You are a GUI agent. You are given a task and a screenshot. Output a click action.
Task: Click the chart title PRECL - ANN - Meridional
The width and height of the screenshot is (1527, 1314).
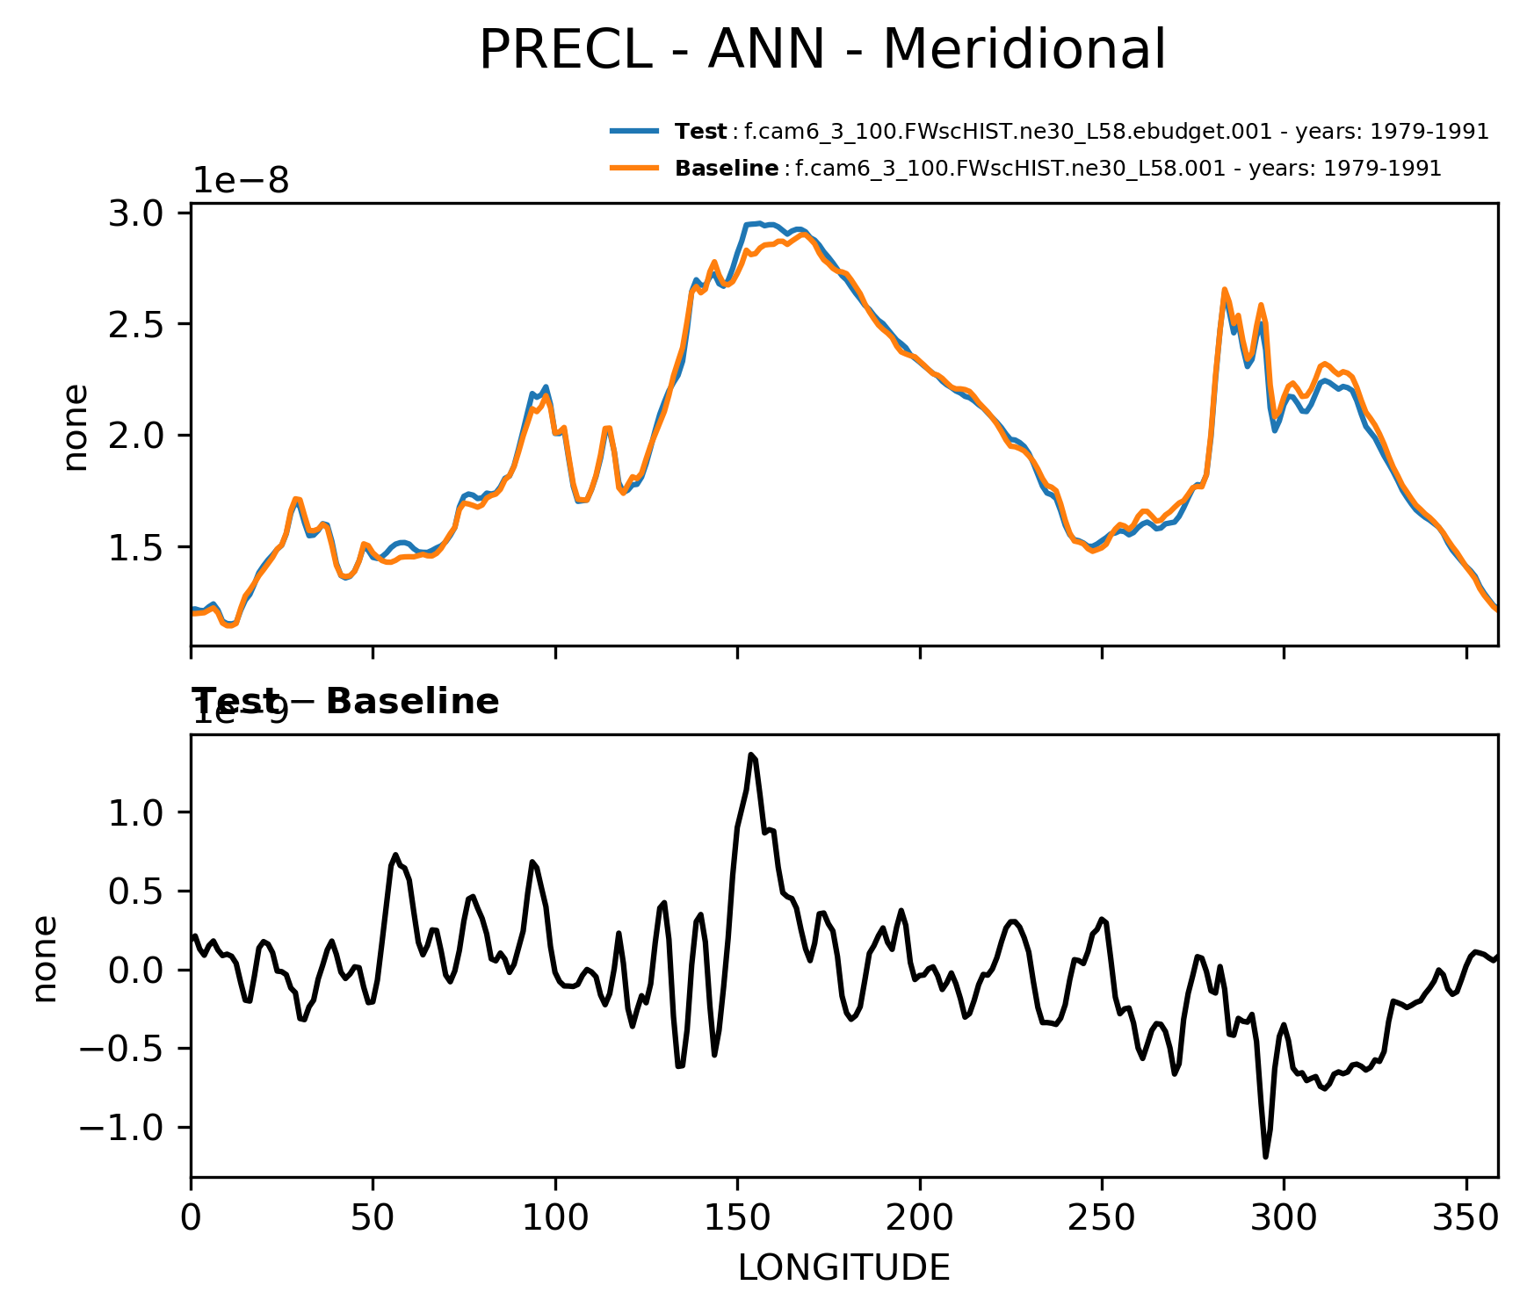coord(822,50)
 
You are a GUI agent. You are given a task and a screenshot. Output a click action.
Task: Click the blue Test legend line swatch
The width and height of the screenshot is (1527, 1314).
coord(634,132)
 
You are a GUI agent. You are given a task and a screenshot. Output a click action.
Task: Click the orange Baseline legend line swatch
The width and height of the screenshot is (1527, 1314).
coord(634,168)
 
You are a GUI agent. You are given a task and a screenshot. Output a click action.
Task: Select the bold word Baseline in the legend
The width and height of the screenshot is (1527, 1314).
coord(727,169)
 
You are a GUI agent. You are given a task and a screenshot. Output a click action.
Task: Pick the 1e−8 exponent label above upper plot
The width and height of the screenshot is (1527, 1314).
coord(241,180)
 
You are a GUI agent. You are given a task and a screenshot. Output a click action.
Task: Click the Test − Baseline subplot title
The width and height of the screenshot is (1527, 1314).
coord(345,702)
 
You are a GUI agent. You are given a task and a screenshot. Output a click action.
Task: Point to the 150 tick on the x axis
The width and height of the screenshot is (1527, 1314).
coord(737,1218)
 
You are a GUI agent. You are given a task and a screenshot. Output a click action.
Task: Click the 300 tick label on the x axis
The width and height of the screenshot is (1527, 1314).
coord(1284,1218)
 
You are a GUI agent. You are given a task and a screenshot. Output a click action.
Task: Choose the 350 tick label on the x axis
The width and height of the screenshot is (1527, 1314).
coord(1465,1218)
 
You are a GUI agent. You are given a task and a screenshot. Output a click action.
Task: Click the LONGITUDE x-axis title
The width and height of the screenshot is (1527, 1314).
coord(843,1267)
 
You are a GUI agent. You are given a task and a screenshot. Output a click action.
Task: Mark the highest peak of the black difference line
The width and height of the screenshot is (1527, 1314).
coord(751,754)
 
